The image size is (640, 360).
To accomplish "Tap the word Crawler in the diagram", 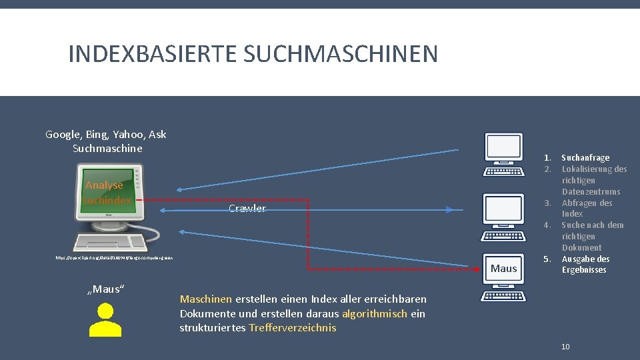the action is point(247,209).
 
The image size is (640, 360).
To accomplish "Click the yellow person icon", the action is point(105,321).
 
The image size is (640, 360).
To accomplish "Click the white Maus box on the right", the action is point(503,268).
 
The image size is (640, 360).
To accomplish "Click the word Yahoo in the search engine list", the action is point(129,135).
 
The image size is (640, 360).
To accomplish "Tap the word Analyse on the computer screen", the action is point(104,185).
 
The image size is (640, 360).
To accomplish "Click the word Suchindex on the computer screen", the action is point(107,200).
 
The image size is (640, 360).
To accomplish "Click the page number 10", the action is point(565,346).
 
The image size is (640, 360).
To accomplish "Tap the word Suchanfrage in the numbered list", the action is point(585,157).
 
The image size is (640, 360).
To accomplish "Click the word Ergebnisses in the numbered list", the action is point(584,270).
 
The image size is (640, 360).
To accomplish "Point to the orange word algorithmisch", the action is point(375,314).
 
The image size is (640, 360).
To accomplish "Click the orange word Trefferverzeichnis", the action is point(292,327).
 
